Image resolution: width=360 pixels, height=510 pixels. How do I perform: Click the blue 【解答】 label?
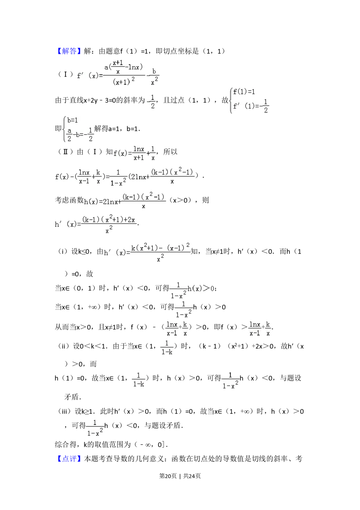(x=69, y=51)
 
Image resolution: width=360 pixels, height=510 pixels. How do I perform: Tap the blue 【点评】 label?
(x=69, y=459)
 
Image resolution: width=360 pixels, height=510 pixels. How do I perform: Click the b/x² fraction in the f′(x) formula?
(x=154, y=76)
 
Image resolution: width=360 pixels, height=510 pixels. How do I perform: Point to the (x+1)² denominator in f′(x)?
(x=123, y=82)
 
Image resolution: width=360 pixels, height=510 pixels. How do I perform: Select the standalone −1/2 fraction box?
(x=152, y=101)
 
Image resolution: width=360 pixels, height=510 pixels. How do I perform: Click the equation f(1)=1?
(x=244, y=92)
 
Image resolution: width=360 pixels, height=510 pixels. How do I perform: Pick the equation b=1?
(x=73, y=120)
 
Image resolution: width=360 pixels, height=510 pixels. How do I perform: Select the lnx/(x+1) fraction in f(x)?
(x=139, y=153)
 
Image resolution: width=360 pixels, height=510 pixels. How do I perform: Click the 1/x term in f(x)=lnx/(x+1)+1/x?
(x=153, y=153)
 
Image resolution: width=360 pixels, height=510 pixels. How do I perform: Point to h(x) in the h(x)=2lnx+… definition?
(x=91, y=202)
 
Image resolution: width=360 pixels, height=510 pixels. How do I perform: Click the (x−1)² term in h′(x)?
(x=178, y=248)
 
